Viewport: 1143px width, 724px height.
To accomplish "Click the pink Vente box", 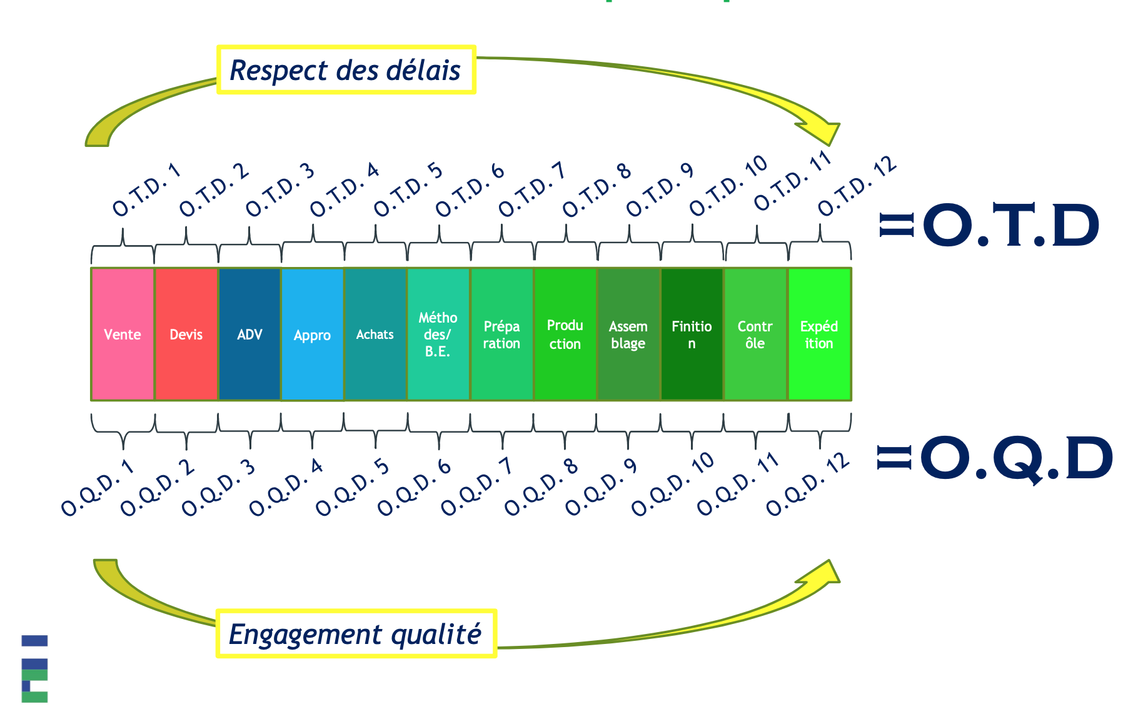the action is (123, 334).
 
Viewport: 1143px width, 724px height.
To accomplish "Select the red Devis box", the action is (186, 334).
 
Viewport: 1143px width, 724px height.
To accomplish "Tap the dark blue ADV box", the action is (249, 334).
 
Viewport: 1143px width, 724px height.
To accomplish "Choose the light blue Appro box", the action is (313, 334).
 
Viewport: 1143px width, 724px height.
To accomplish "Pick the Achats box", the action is (376, 334).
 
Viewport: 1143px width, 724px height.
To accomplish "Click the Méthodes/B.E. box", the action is (439, 334).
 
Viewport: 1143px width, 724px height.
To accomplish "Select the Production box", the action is (565, 334).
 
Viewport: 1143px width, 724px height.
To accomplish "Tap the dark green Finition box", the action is (692, 334).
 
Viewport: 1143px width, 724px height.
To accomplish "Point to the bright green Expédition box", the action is (819, 334).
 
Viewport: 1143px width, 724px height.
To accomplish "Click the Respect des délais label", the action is (346, 70).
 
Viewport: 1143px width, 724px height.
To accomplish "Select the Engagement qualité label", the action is (356, 634).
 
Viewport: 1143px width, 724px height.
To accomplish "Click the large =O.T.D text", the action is (989, 226).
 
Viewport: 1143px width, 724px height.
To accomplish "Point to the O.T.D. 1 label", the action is (147, 190).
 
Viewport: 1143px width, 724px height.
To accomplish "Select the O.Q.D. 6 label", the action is (415, 488).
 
